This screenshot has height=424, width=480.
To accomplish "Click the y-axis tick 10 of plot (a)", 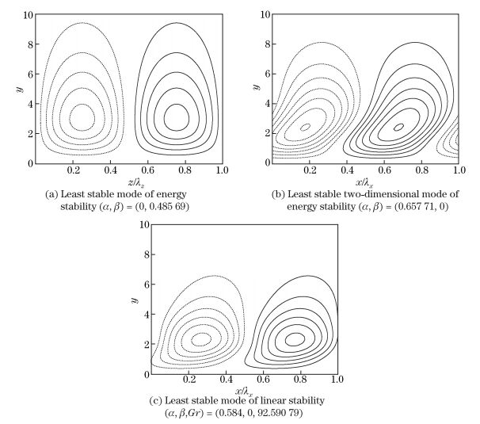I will (x=29, y=14).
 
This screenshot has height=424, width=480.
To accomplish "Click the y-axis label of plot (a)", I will (x=17, y=89).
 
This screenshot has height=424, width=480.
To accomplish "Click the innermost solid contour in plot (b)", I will (x=398, y=126).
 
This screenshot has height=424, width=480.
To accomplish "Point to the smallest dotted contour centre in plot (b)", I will (x=306, y=126).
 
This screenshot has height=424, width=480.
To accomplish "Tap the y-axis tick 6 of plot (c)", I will (x=145, y=285).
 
